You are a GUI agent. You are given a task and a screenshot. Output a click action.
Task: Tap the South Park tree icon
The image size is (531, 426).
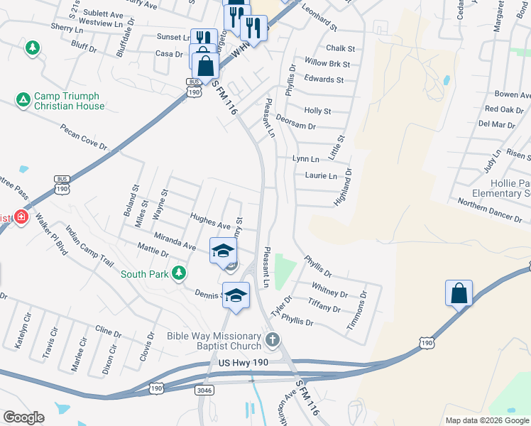(x=180, y=273)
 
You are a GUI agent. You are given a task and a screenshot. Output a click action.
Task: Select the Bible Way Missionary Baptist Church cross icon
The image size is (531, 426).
(x=272, y=340)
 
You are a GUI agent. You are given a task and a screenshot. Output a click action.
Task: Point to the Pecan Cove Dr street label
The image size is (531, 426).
(x=84, y=137)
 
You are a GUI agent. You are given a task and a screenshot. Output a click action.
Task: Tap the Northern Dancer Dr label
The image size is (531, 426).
(x=489, y=209)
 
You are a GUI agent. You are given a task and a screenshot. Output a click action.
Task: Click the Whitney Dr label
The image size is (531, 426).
(x=329, y=290)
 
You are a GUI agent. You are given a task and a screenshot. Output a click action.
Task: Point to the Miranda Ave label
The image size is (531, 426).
(x=174, y=239)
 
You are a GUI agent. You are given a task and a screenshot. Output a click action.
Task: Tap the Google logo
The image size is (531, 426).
(x=24, y=417)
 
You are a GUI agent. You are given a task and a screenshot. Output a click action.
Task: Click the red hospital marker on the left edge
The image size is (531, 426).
(x=21, y=217)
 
